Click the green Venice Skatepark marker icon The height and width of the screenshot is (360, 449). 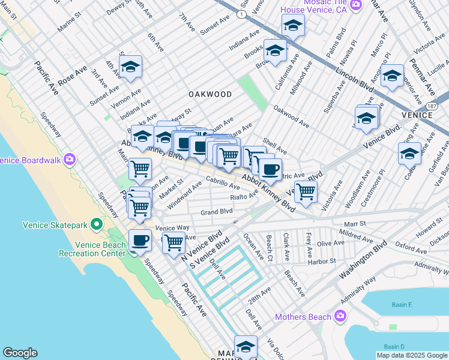click(x=96, y=225)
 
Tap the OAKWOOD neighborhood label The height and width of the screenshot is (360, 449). click(x=210, y=94)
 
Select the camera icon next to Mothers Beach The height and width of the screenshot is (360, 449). click(x=340, y=316)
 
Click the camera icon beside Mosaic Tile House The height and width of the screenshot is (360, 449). click(x=357, y=5)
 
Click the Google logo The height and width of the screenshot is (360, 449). click(x=20, y=353)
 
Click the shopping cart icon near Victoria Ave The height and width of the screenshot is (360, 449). click(x=306, y=191)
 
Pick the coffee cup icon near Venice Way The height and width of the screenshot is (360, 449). click(x=140, y=241)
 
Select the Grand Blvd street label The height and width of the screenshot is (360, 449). click(x=216, y=212)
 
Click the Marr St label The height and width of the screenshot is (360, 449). click(x=359, y=223)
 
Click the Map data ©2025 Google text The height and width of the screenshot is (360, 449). click(x=412, y=355)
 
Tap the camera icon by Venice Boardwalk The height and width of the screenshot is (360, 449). click(x=70, y=160)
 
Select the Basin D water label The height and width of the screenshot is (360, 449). click(x=394, y=347)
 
